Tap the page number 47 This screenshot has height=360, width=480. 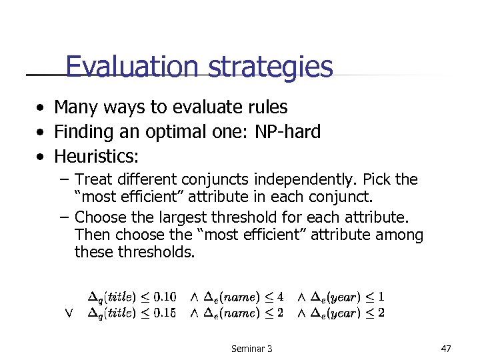pyautogui.click(x=446, y=348)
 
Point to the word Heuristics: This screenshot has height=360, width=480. pyautogui.click(x=97, y=157)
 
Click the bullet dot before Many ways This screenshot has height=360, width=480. pyautogui.click(x=41, y=107)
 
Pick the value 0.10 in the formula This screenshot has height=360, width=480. pyautogui.click(x=162, y=296)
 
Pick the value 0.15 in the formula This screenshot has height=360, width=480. pyautogui.click(x=162, y=313)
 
